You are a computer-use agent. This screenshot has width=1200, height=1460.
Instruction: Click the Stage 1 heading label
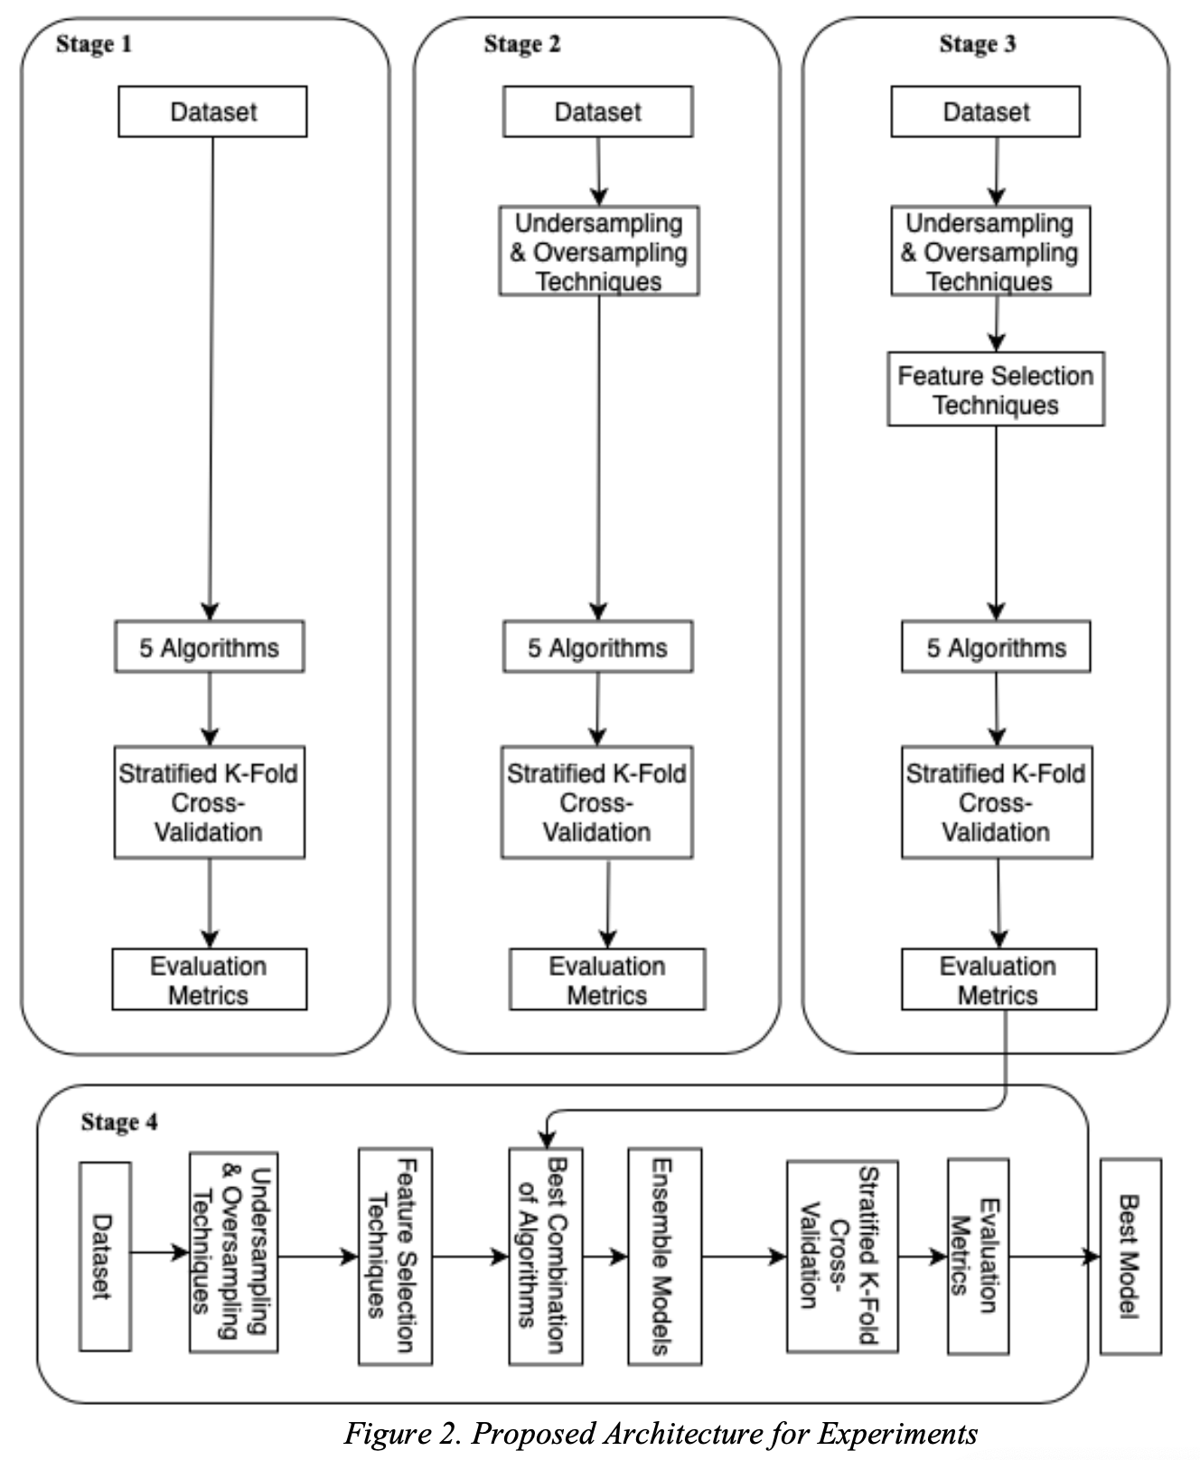coord(94,43)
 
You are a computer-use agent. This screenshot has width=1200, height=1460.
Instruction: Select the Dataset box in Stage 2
coord(597,112)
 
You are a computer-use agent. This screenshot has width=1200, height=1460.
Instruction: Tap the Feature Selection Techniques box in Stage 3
coord(995,389)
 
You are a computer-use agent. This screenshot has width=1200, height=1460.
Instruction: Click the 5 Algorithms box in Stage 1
coord(209,647)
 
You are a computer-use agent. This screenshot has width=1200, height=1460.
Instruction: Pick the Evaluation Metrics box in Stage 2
coord(606,979)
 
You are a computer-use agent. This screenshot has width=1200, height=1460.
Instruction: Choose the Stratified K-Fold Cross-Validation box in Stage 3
coord(996,802)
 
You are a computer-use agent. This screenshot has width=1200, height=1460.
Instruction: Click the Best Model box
coord(1130,1256)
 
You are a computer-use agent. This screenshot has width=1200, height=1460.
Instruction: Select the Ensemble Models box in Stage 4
coord(664,1256)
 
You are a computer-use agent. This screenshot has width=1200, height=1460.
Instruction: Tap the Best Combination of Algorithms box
coord(545,1256)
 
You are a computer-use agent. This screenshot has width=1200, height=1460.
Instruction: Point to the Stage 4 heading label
coord(119,1121)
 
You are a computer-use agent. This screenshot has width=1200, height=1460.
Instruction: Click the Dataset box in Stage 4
coord(105,1256)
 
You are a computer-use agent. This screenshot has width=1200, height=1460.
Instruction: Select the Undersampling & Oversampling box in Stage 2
coord(598,251)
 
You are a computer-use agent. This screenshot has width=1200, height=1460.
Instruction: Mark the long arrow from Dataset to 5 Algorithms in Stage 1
coord(211,379)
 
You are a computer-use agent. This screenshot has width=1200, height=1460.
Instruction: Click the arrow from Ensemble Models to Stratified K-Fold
coord(743,1256)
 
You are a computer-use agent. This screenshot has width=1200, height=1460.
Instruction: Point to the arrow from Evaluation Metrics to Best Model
coord(1054,1256)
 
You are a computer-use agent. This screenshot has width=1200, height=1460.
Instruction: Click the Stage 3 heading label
coord(977,43)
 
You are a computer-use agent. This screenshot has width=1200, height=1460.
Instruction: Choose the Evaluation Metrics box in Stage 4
coord(977,1256)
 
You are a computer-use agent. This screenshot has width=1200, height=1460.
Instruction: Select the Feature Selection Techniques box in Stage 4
coord(395,1256)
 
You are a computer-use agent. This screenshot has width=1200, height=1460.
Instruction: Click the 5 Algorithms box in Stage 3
coord(996,647)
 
